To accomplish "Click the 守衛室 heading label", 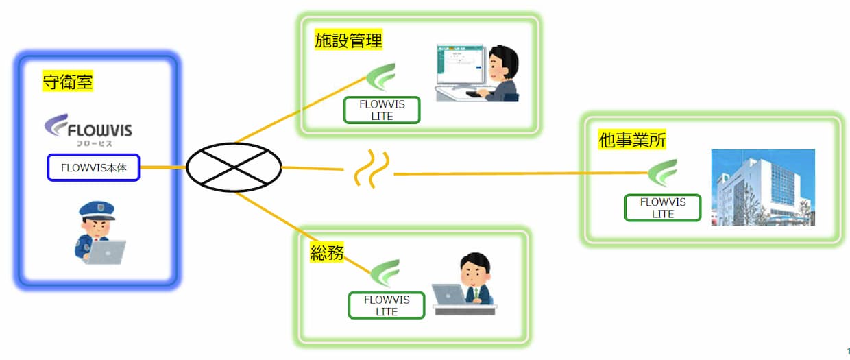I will point(67,82).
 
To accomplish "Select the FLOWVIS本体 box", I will point(93,167).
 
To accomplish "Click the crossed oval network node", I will point(234,167).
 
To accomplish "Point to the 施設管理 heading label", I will point(348,40).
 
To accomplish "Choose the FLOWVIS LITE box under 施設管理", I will point(382,110).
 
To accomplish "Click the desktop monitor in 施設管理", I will point(460,67).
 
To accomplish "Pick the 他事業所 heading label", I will point(632,141).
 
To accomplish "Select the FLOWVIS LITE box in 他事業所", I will point(662,208).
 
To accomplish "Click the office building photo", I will point(762,187).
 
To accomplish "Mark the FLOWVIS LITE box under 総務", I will point(387,305).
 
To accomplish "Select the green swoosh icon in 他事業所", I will point(663,173).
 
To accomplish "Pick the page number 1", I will point(848,350).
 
